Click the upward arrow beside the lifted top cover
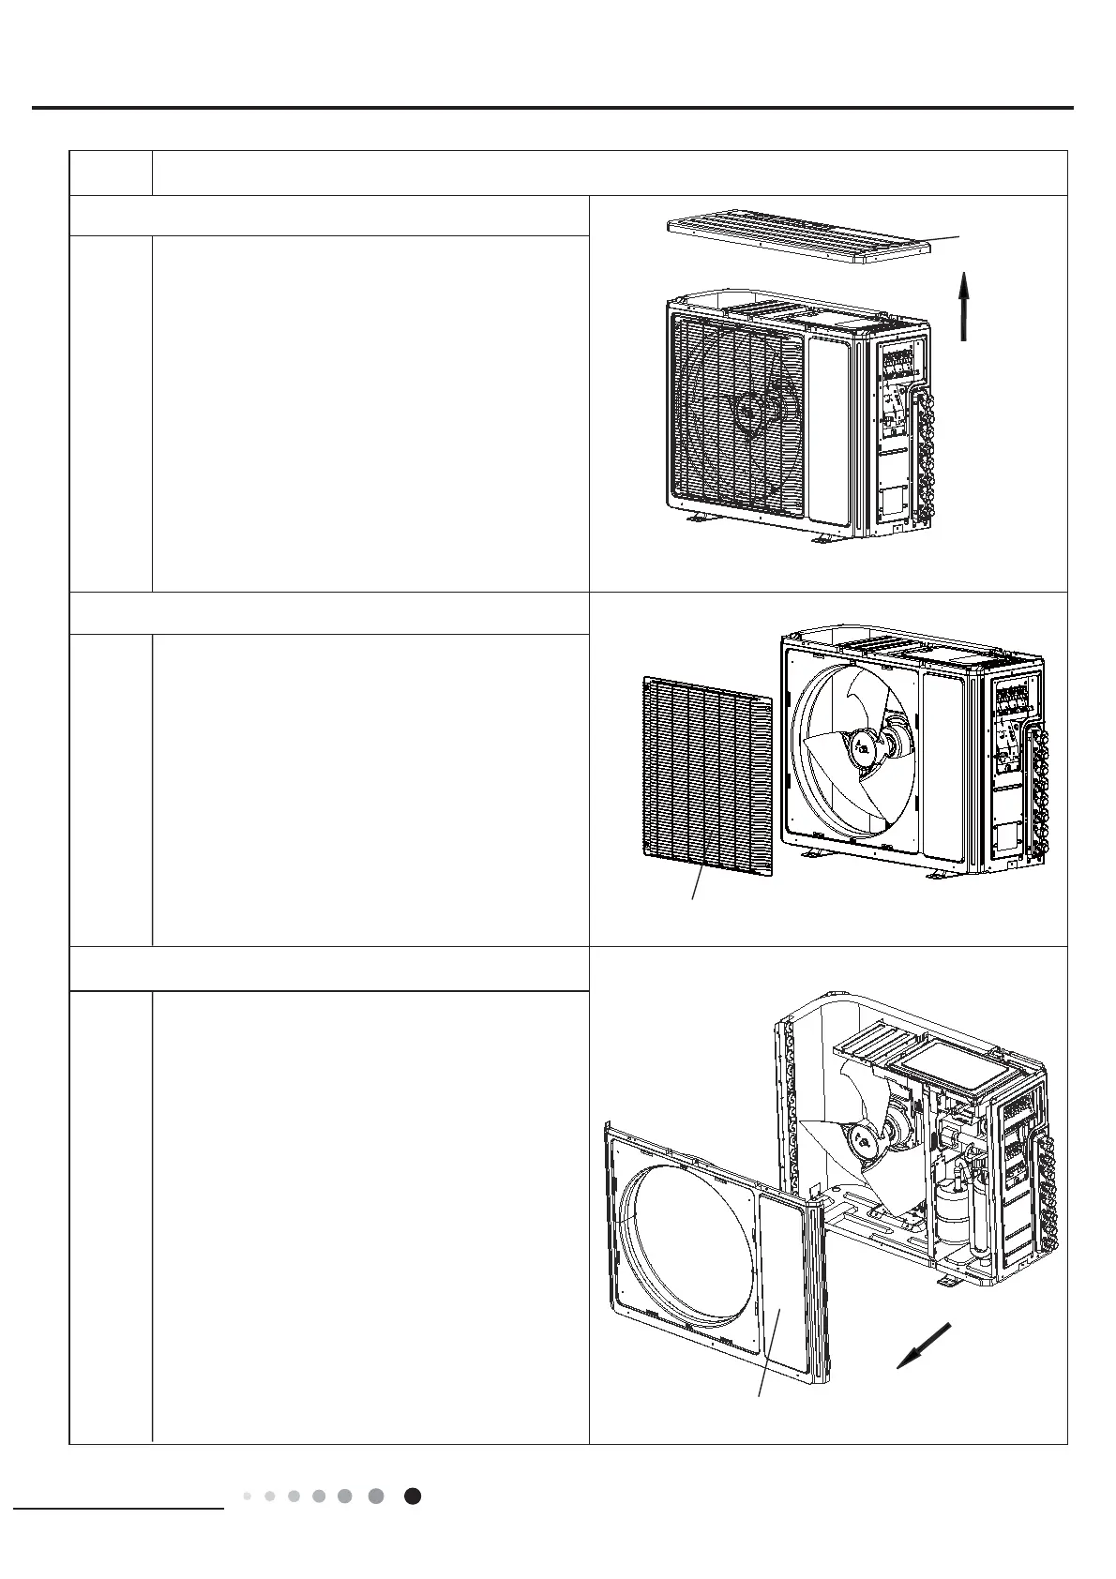pos(964,306)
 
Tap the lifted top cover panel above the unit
pos(797,239)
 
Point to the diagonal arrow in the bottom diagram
pos(924,1346)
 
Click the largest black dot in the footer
pos(412,1496)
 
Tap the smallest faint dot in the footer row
pos(247,1496)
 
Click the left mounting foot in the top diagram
pos(694,519)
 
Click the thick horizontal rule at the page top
pos(553,108)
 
